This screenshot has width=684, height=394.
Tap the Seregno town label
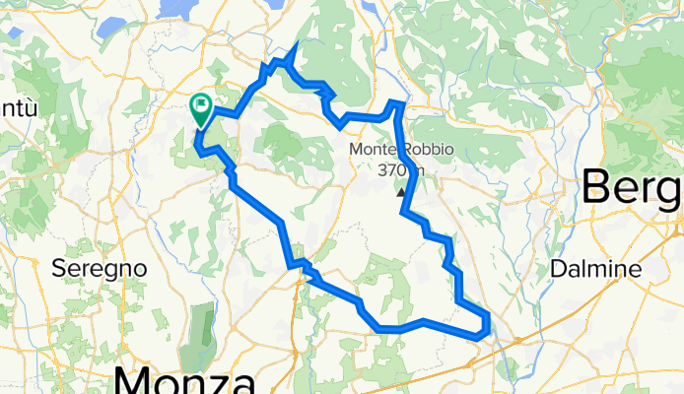pos(100,268)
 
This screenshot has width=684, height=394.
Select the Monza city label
pos(185,380)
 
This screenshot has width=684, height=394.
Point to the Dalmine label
pos(597,268)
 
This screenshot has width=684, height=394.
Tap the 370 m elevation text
pos(401,168)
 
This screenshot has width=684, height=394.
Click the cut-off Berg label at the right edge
pos(632,187)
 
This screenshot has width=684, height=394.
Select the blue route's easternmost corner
pos(488,316)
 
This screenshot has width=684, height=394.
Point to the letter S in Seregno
pos(58,268)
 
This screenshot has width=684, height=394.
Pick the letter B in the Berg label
pos(599,187)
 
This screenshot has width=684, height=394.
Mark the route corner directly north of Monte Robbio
pos(397,102)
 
